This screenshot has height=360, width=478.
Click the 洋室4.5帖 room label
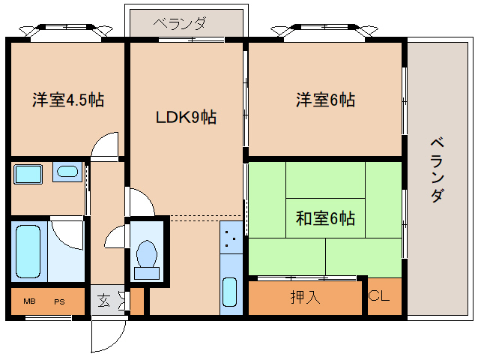67,100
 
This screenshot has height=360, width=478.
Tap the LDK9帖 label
186,118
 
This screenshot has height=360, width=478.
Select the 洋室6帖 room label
324,100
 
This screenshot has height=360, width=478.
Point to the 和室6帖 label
324,219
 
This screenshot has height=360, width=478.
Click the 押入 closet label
305,296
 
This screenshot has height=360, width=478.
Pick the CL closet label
378,296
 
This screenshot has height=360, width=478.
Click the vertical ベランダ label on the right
439,169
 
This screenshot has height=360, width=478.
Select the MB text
29,301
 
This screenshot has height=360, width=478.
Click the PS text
58,301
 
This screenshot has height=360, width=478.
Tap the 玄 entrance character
103,301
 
